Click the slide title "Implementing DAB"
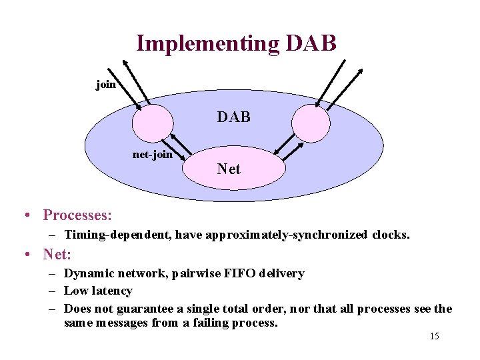click(x=236, y=43)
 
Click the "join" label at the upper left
click(x=105, y=85)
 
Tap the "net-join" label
click(x=152, y=155)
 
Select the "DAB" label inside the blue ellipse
click(x=233, y=117)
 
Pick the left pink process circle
click(x=152, y=123)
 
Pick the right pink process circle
click(x=311, y=123)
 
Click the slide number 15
click(x=434, y=337)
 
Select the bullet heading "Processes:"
click(x=77, y=215)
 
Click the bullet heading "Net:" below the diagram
click(x=57, y=254)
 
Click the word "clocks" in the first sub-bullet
click(x=391, y=235)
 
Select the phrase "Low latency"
click(x=98, y=291)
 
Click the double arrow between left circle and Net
click(x=178, y=147)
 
